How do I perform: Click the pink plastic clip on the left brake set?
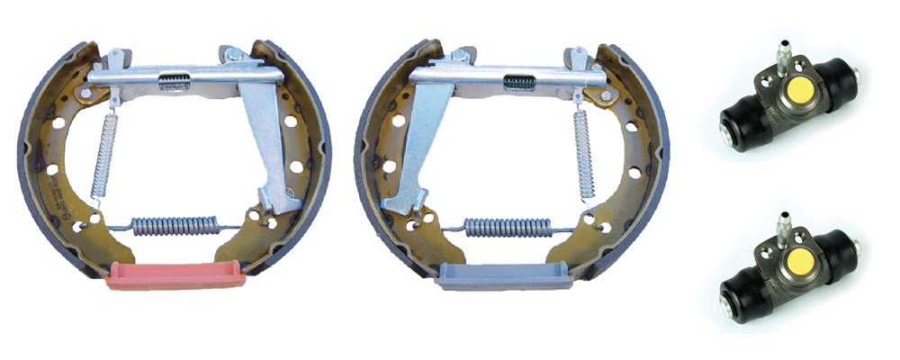(x=175, y=275)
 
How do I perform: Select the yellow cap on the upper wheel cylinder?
(x=797, y=89)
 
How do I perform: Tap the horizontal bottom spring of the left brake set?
(x=175, y=225)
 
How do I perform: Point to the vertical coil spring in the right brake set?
(x=584, y=153)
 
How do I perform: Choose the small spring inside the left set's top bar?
(x=174, y=81)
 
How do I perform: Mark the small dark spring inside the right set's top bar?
(x=519, y=82)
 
